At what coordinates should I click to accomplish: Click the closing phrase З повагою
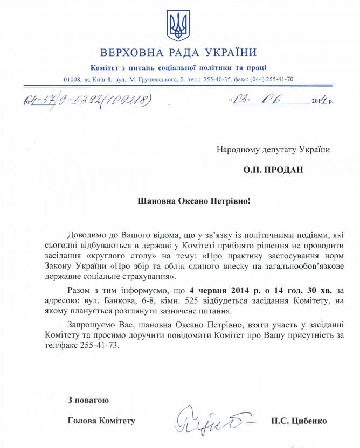coord(88,400)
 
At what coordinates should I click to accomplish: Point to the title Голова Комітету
coord(101,421)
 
